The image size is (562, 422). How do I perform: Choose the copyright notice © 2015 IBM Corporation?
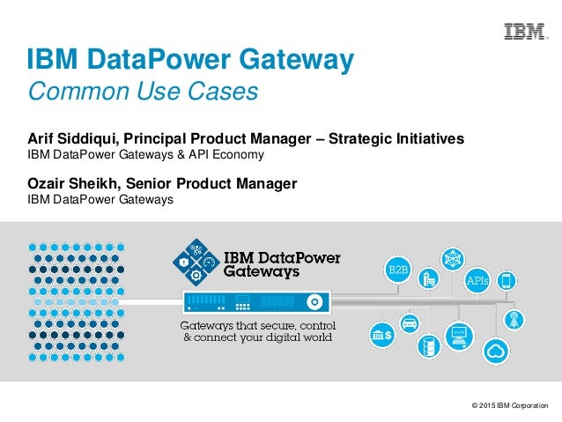(x=509, y=406)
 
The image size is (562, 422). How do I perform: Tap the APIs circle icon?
(x=477, y=281)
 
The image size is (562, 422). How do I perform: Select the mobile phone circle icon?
(x=507, y=282)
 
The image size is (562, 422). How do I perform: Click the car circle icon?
(x=409, y=322)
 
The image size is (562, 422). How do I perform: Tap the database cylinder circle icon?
(x=430, y=346)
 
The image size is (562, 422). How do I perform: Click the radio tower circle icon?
(x=514, y=316)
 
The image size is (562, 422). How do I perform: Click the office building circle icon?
(x=429, y=279)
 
